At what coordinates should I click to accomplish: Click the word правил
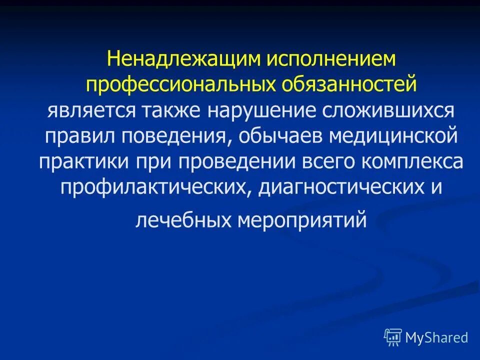(x=76, y=136)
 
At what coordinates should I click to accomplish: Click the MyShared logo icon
(x=393, y=337)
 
